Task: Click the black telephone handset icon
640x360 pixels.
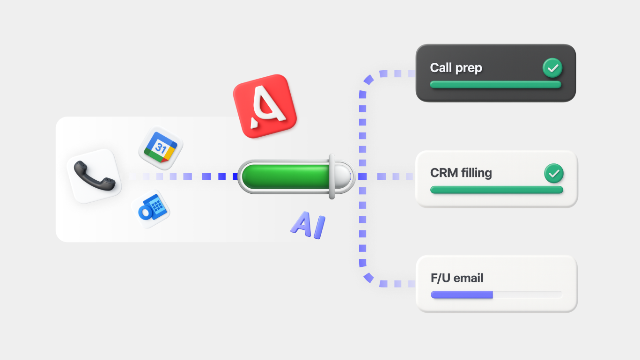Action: point(94,176)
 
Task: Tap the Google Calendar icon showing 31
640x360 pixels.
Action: point(161,148)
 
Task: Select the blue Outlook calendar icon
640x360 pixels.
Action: point(151,209)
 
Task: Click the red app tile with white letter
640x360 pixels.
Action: point(265,106)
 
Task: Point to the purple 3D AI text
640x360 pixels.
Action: point(308,226)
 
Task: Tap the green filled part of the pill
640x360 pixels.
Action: point(286,176)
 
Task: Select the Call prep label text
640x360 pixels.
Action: point(456,68)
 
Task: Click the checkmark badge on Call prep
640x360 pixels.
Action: point(552,68)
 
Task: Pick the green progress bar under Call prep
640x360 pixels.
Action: point(495,85)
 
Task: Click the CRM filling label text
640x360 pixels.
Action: point(461,173)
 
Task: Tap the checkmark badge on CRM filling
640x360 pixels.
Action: point(554,174)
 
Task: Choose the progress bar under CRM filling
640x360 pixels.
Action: point(496,190)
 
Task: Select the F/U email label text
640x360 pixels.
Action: point(456,278)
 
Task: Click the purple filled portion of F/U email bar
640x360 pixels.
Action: point(462,294)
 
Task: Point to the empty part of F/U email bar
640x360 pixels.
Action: point(527,294)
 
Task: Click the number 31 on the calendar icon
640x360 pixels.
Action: point(161,149)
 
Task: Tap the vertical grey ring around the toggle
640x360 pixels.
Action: point(332,176)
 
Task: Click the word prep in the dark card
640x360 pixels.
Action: point(469,68)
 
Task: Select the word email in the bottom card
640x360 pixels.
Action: point(468,278)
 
